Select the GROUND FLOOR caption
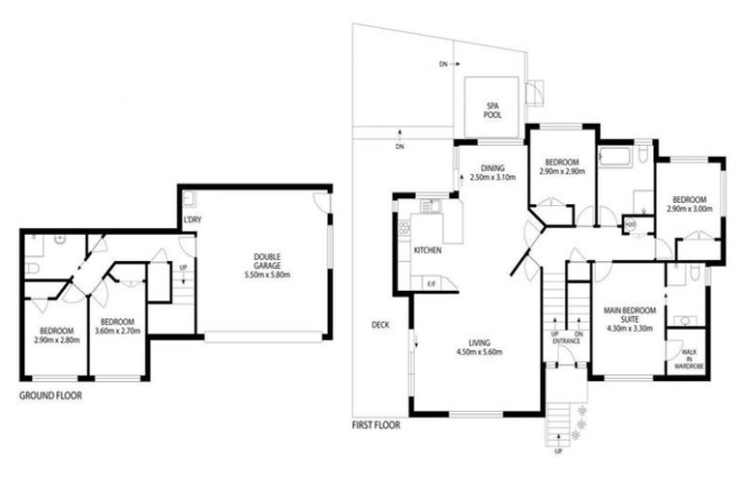(50, 395)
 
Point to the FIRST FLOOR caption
(378, 423)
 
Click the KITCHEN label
(429, 250)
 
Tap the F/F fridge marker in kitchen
(430, 282)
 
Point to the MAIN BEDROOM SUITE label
(631, 315)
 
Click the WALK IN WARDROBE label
(689, 360)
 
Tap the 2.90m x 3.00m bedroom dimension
(689, 208)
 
